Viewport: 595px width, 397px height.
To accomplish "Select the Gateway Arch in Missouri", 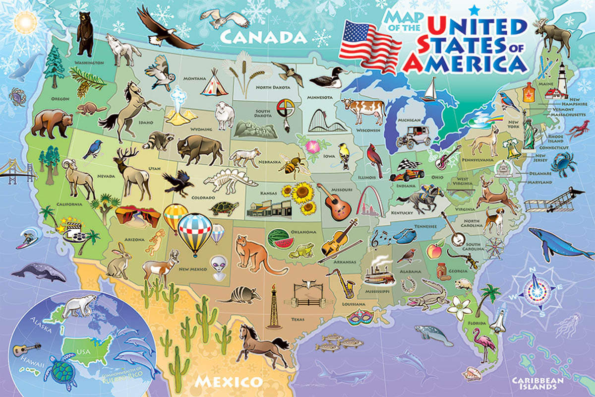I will (x=368, y=197).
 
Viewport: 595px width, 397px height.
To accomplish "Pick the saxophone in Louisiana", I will (x=343, y=282).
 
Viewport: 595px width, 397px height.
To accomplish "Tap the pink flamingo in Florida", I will (x=483, y=343).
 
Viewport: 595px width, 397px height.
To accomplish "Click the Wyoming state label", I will (x=201, y=130).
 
